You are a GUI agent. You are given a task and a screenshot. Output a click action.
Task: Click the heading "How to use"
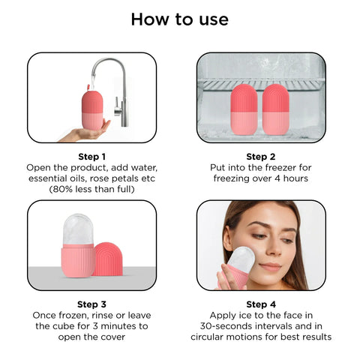click(x=180, y=19)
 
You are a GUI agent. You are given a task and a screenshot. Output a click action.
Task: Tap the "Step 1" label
click(x=91, y=155)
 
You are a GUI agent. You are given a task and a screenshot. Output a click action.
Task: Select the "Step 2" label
click(x=261, y=155)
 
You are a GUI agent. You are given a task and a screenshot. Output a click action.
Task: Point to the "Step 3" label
click(x=91, y=304)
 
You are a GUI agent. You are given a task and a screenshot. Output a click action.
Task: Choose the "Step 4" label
click(x=261, y=304)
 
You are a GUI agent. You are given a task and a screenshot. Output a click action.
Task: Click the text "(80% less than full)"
click(x=91, y=190)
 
